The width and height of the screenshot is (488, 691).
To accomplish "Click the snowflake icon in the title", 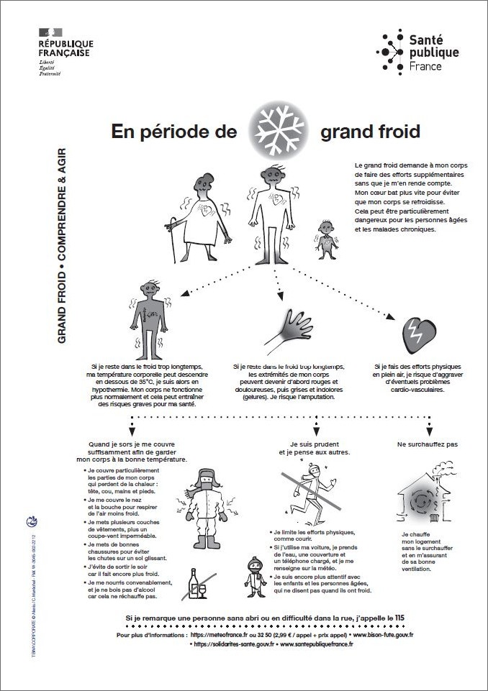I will pos(278,132).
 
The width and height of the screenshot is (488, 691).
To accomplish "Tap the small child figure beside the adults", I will pos(325,237).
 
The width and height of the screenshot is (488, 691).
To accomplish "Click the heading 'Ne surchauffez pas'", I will pos(427,444).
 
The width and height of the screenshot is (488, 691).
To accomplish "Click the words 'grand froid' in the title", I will pos(370,132).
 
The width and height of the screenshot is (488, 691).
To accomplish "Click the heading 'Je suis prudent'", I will pos(315,444).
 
